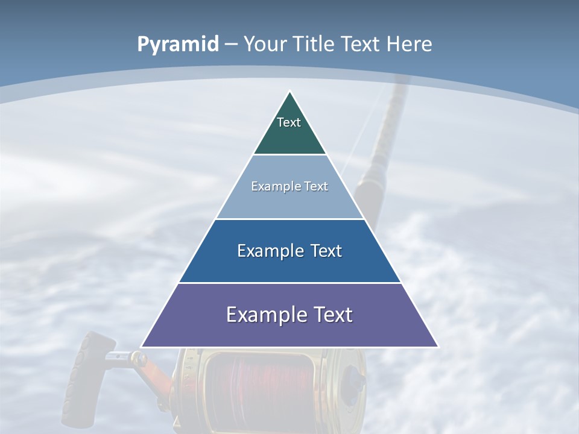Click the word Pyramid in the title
pyautogui.click(x=177, y=45)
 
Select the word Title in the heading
pyautogui.click(x=314, y=44)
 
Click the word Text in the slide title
pyautogui.click(x=361, y=44)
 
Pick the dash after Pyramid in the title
pyautogui.click(x=231, y=45)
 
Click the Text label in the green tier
pyautogui.click(x=289, y=122)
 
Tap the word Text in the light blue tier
pyautogui.click(x=316, y=186)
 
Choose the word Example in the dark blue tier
pyautogui.click(x=270, y=251)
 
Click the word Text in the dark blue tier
pyautogui.click(x=326, y=251)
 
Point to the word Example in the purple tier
pyautogui.click(x=263, y=315)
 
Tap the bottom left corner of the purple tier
pyautogui.click(x=142, y=346)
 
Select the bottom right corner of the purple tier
pyautogui.click(x=437, y=346)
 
